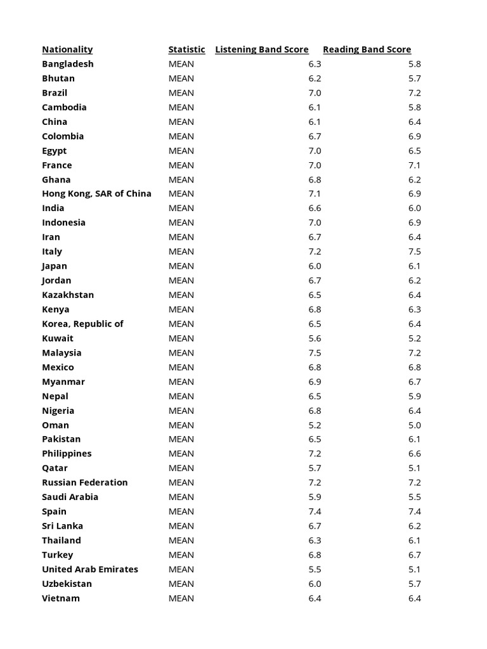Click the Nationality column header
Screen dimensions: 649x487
point(67,49)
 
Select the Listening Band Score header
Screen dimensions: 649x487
point(262,49)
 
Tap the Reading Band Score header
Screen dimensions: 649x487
point(367,49)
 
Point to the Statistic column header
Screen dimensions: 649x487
point(186,49)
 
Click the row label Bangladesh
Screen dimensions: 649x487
point(68,64)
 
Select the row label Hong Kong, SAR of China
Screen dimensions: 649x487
point(96,194)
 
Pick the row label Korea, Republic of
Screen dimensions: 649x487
point(82,324)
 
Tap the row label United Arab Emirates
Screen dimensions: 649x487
point(90,569)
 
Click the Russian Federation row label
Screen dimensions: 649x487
point(85,482)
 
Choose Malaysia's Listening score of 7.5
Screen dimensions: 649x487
point(315,353)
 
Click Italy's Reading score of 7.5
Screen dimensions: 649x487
point(415,252)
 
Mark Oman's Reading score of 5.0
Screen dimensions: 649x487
point(415,425)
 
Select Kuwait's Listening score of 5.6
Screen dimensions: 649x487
point(315,338)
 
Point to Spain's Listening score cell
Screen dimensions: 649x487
point(315,511)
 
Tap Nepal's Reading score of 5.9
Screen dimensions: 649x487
point(415,396)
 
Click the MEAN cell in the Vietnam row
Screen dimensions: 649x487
point(181,598)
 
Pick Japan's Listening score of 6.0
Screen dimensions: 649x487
point(315,266)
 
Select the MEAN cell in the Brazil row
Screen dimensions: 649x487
point(181,93)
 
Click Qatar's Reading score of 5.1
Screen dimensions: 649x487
point(415,468)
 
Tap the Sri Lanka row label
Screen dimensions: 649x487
point(62,526)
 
